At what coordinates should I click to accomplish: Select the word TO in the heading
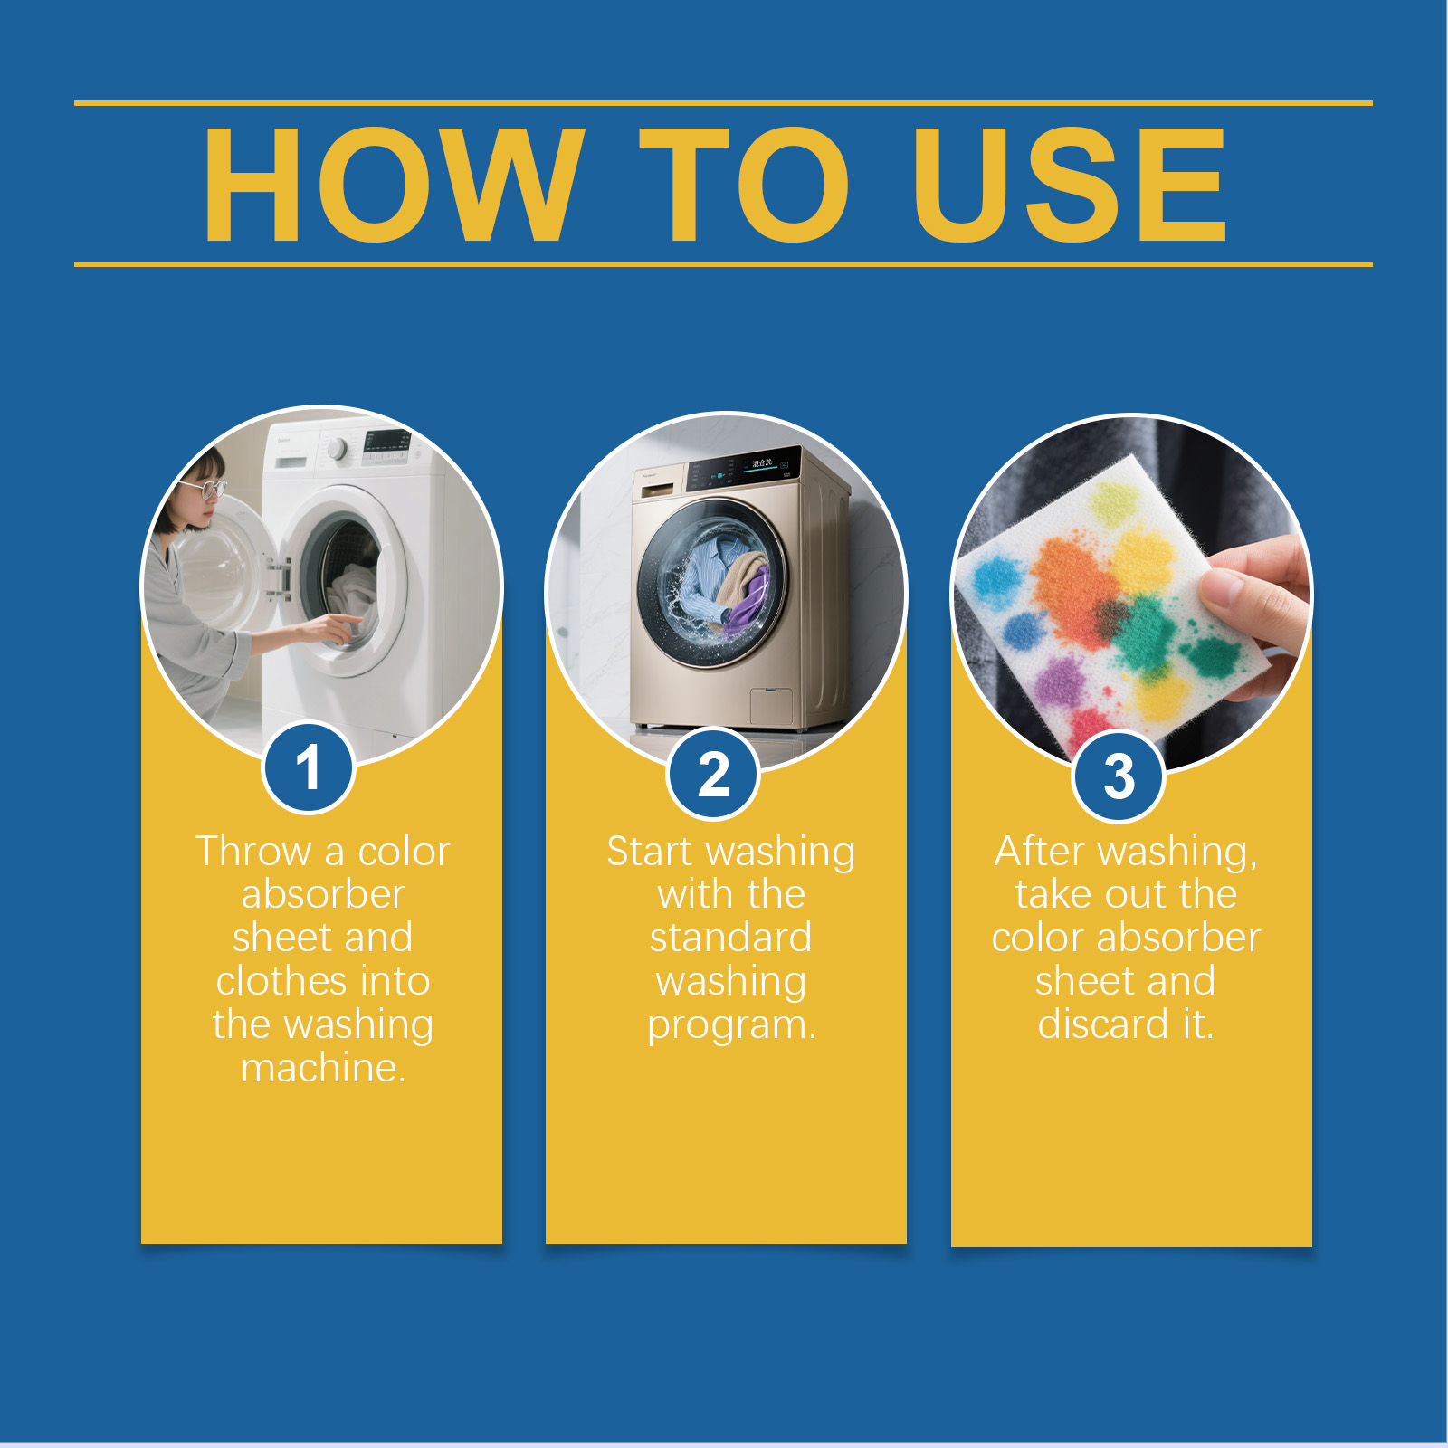(744, 185)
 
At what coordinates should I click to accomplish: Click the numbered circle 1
(308, 767)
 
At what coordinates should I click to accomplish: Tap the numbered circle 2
(713, 774)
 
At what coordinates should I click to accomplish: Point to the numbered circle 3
(1119, 776)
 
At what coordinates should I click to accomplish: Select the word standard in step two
(730, 938)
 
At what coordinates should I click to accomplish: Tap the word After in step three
(1039, 852)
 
